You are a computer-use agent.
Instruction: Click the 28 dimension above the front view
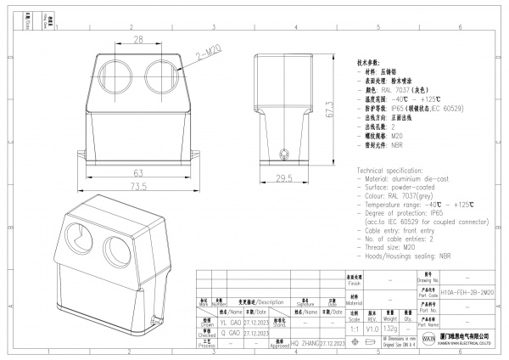(136, 39)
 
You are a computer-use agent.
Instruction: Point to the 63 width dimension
(136, 172)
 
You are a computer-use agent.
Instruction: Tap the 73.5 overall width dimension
(136, 186)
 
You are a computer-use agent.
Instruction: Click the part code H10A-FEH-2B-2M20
(463, 290)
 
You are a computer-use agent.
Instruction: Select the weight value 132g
(391, 327)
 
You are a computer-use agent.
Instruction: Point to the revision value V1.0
(372, 327)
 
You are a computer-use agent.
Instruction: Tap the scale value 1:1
(354, 327)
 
